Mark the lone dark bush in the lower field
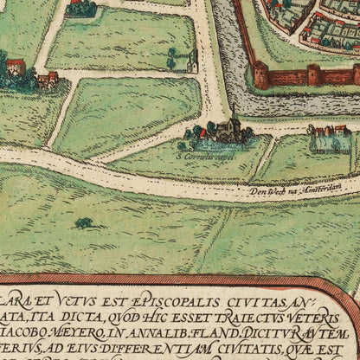coord(84,223)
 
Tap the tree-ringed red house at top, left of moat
coord(81,9)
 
